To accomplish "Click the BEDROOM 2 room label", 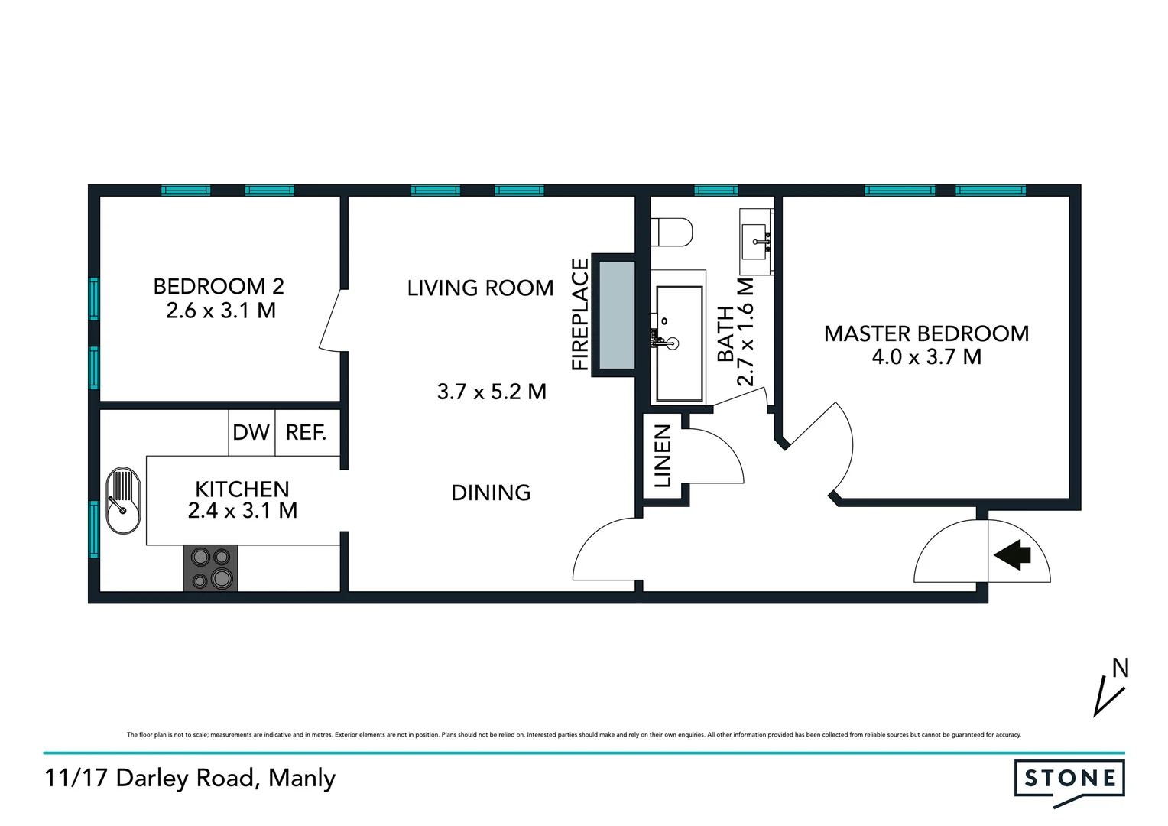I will coord(219,287).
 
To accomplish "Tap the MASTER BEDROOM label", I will coord(926,333).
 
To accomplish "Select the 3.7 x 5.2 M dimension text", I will coord(492,392).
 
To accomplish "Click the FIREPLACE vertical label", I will coord(581,315).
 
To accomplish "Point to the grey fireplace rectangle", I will coord(617,315).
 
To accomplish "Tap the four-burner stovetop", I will coord(211,568).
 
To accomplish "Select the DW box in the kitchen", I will coord(251,433).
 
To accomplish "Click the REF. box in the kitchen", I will coord(307,433).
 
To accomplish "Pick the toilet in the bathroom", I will coord(673,233).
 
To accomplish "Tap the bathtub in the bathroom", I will coord(680,343).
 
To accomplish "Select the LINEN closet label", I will coord(662,457).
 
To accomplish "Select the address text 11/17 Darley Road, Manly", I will coord(190,779).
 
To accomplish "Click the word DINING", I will coord(491,493).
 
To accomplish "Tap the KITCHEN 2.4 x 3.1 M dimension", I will coord(242,510).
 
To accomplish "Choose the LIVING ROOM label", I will coord(480,288).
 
